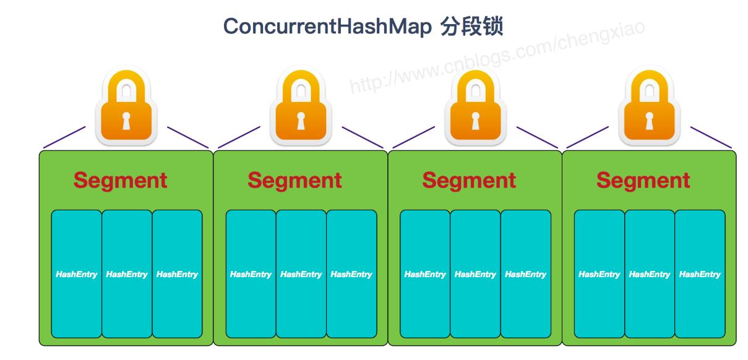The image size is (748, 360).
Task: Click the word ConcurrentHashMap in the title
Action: click(x=327, y=27)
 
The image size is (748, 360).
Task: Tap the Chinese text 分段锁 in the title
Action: click(x=471, y=27)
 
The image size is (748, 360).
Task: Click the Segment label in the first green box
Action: click(x=120, y=181)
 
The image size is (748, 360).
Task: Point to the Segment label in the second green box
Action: click(x=294, y=181)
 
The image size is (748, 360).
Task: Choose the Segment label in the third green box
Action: click(x=469, y=181)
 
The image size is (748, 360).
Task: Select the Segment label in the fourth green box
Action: click(x=643, y=181)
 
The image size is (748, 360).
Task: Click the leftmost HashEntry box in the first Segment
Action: click(x=76, y=274)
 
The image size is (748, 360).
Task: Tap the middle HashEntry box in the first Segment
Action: click(x=127, y=274)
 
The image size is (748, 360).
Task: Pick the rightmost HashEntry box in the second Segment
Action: click(x=351, y=274)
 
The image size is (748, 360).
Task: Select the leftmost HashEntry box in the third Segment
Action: click(x=425, y=274)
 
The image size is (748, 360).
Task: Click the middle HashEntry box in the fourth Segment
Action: click(x=650, y=274)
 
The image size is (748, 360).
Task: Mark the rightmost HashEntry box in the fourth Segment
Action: click(x=700, y=274)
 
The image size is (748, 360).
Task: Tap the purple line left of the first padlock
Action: click(x=64, y=138)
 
